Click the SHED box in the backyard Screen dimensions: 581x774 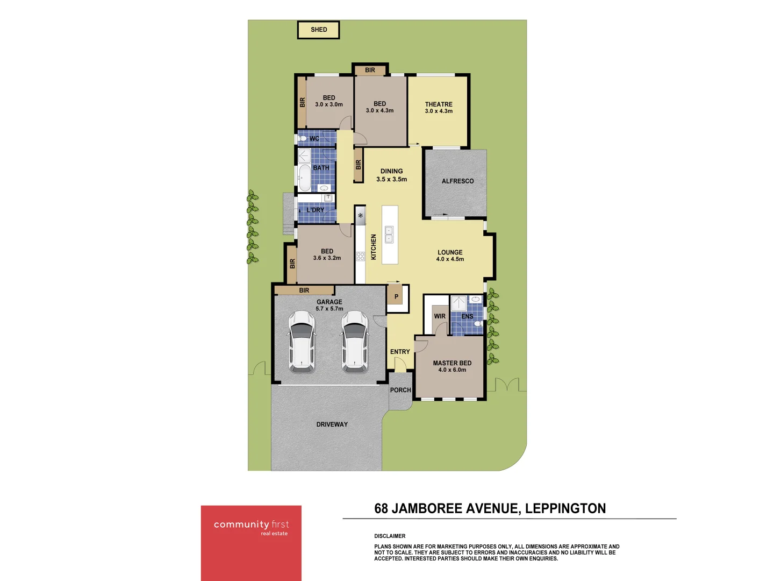pos(318,30)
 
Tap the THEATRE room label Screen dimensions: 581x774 pos(439,104)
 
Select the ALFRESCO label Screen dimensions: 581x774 pos(457,181)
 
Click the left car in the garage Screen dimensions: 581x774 pos(302,342)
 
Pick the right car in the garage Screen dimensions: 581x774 pos(355,342)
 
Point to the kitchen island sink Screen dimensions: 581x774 pos(389,235)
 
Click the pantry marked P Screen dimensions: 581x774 pos(396,296)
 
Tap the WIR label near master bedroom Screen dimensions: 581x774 pos(440,316)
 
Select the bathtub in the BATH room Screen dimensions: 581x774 pos(304,178)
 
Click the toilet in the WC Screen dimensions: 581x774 pos(303,139)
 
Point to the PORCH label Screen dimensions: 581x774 pos(400,390)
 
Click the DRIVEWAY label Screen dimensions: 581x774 pos(332,424)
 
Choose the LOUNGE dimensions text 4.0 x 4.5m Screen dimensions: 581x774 pos(450,259)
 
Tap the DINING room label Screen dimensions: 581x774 pos(391,171)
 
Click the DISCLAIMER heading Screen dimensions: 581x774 pos(390,536)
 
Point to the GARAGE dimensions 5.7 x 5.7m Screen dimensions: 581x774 pos(329,309)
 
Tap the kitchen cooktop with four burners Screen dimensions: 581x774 pos(360,256)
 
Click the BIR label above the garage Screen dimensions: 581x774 pos(304,290)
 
